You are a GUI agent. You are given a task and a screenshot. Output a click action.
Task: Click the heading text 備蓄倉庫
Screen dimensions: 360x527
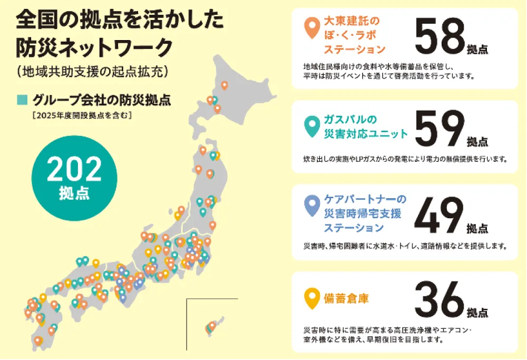click(x=346, y=298)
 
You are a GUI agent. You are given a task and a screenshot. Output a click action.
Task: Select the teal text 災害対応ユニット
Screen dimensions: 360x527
click(x=366, y=134)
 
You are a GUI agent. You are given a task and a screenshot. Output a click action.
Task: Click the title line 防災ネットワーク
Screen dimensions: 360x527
click(x=94, y=48)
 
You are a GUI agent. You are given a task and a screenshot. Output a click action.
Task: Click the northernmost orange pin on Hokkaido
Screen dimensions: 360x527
click(x=225, y=85)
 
